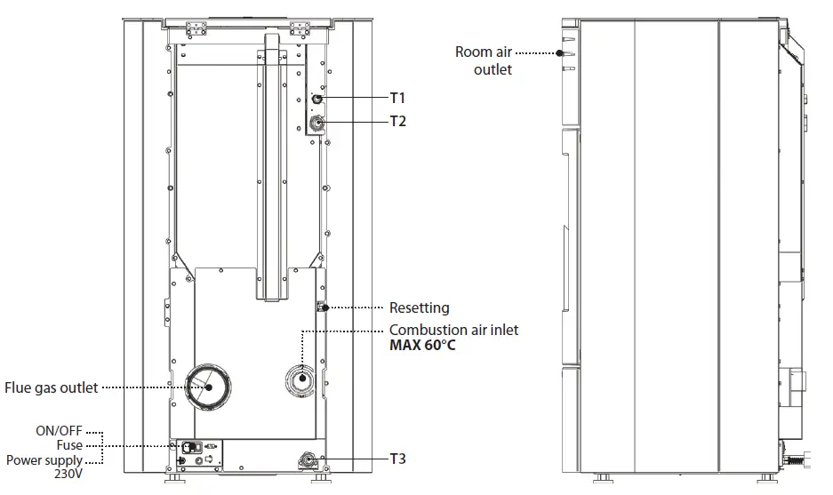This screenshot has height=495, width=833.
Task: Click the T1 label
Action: click(x=397, y=98)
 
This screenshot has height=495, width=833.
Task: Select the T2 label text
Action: click(x=397, y=121)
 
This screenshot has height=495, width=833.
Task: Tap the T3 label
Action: click(x=397, y=459)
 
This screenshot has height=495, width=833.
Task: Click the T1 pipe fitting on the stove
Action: click(x=316, y=99)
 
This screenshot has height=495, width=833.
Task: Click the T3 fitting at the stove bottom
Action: click(x=308, y=459)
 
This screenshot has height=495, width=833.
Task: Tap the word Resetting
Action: click(x=419, y=308)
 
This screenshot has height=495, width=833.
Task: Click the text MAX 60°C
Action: click(x=422, y=345)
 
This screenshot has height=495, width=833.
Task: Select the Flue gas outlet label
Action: click(x=51, y=387)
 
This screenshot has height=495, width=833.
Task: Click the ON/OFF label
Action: click(x=59, y=430)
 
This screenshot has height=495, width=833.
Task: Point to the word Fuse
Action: click(x=68, y=445)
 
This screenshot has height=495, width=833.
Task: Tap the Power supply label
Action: click(x=44, y=460)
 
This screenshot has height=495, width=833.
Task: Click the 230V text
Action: click(x=68, y=475)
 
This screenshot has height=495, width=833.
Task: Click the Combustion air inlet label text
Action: click(x=453, y=330)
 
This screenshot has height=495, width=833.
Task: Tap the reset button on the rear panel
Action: click(x=320, y=307)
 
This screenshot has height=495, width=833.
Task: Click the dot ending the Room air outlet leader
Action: click(x=560, y=52)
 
